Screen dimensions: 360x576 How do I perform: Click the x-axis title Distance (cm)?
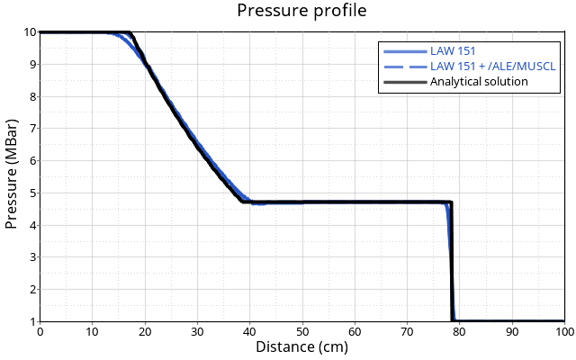[301, 346]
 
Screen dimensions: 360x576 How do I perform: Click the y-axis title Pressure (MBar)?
[12, 176]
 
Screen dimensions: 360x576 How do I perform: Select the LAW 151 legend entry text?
[453, 51]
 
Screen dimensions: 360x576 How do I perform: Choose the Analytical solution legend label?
[479, 82]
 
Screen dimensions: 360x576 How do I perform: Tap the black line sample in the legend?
[404, 82]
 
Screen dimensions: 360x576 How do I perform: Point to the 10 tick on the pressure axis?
[30, 32]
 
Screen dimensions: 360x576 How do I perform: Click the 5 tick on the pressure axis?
[32, 193]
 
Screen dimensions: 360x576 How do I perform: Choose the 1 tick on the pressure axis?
[32, 321]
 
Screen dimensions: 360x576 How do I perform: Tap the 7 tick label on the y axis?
[32, 129]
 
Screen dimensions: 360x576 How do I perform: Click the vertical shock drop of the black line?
[451, 261]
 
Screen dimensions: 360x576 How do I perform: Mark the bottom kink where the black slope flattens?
[244, 202]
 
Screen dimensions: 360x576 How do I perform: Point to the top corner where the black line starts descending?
[130, 33]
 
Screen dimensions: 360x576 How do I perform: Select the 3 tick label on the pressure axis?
[32, 257]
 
